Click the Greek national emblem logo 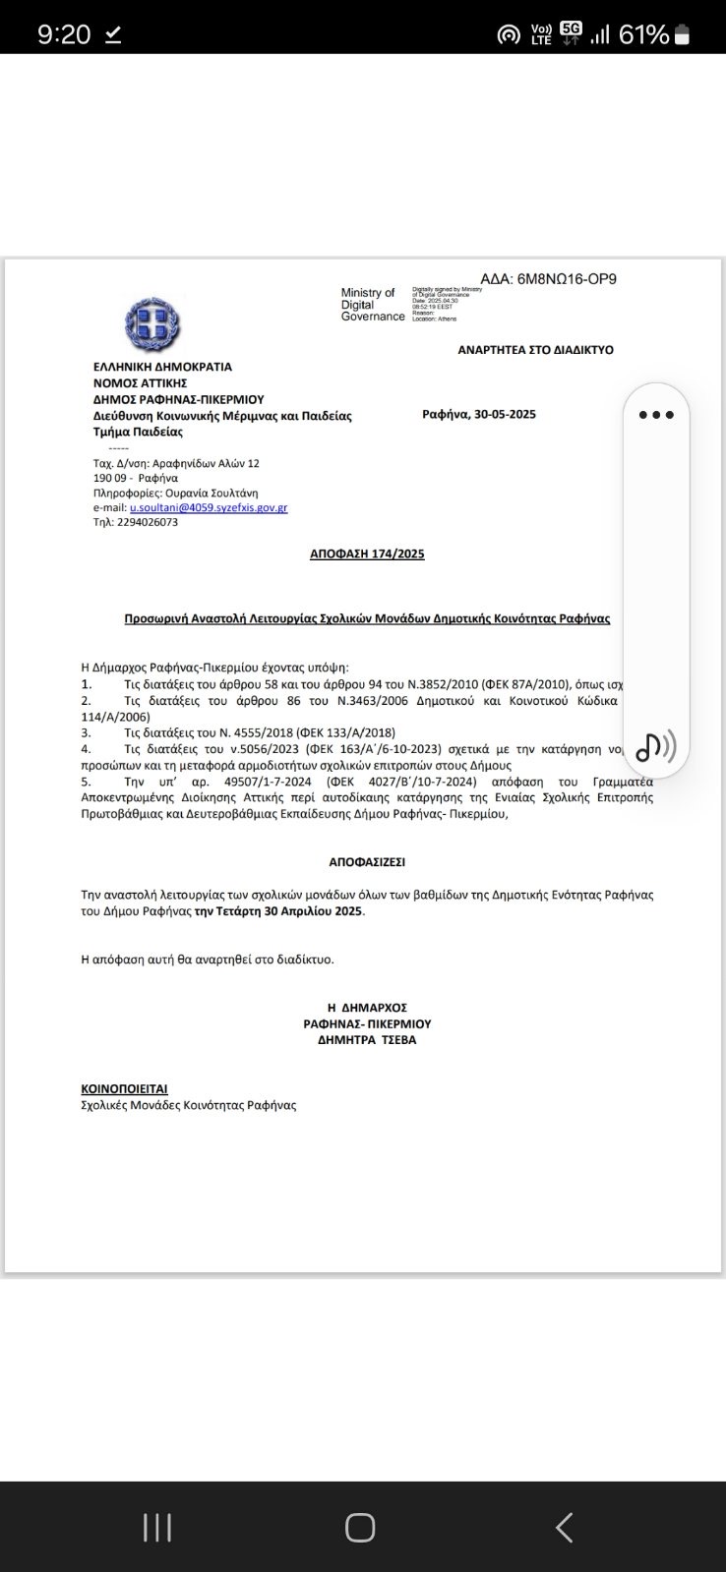click(x=152, y=322)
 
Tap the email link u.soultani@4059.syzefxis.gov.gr click(x=209, y=508)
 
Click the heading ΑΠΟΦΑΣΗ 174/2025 click(x=367, y=554)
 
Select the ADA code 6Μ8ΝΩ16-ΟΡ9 click(x=567, y=279)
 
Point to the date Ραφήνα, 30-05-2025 click(x=479, y=415)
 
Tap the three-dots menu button click(x=656, y=415)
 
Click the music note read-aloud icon click(x=655, y=747)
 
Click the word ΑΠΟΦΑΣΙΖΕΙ click(x=367, y=862)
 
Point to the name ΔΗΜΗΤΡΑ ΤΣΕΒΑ click(x=367, y=1040)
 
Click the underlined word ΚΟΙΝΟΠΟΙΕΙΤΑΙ click(x=124, y=1089)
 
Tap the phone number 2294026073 click(x=149, y=523)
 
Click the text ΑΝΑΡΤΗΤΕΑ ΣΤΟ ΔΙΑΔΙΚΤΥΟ click(x=535, y=350)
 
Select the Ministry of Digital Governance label click(x=372, y=305)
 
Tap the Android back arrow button click(x=564, y=1528)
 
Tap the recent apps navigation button click(x=157, y=1528)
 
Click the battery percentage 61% click(x=643, y=35)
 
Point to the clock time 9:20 click(x=64, y=35)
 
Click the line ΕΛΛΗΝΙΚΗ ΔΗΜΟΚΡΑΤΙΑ click(x=162, y=367)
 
